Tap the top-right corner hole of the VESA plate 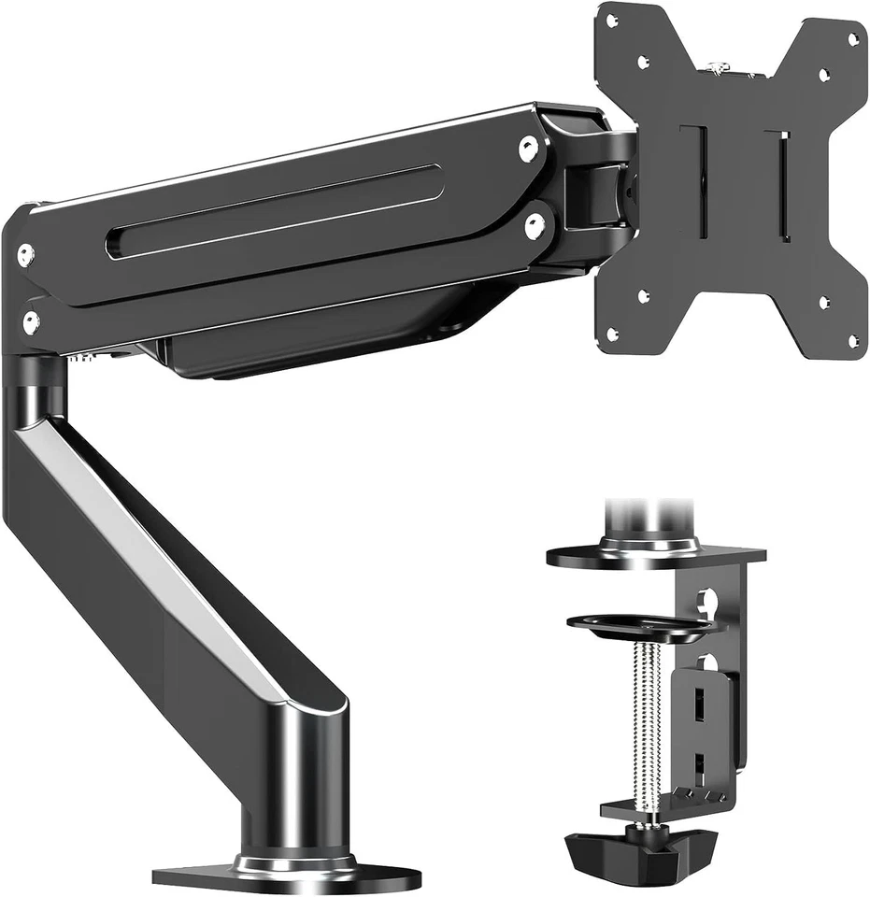tap(852, 39)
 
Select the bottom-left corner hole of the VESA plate tap(612, 334)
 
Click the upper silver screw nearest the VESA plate tap(529, 147)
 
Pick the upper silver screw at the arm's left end tap(26, 253)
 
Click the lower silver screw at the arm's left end tap(31, 323)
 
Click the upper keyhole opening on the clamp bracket tap(708, 599)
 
